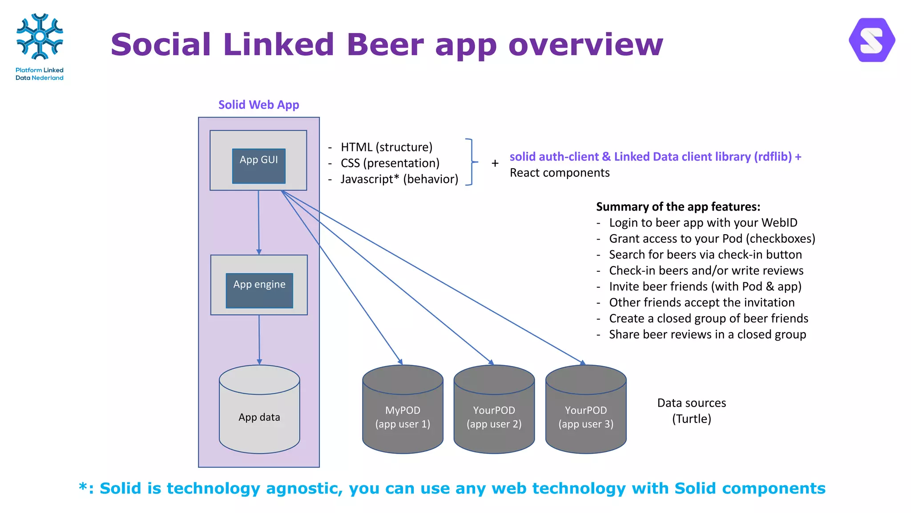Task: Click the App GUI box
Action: click(258, 166)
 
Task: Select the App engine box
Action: click(259, 290)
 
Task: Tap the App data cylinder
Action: click(259, 417)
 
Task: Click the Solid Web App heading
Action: click(258, 105)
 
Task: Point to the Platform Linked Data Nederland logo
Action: click(40, 47)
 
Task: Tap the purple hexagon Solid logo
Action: click(872, 40)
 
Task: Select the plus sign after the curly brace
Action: click(495, 163)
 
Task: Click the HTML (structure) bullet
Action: click(386, 147)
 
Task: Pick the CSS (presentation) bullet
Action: click(390, 163)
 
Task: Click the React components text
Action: click(560, 173)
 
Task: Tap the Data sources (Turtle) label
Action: click(691, 411)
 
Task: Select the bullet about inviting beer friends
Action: click(705, 286)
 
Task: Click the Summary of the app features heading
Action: click(678, 207)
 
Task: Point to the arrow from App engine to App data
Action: click(259, 339)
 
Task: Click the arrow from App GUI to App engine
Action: click(258, 223)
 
